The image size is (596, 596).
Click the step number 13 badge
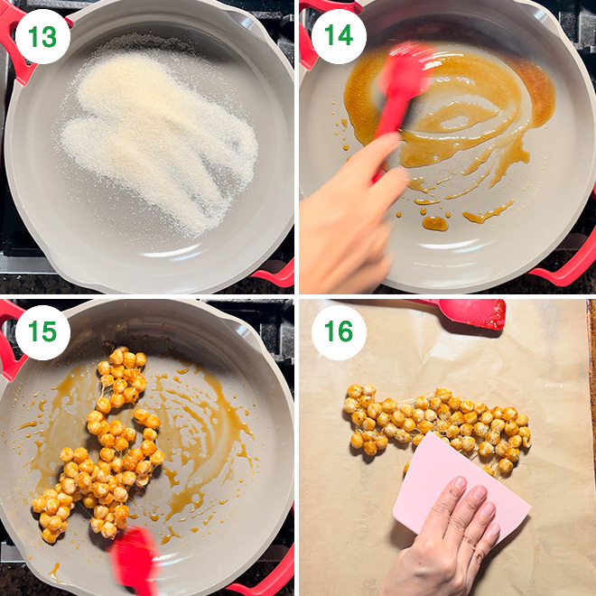click(x=42, y=37)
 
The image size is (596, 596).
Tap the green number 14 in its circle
click(x=339, y=37)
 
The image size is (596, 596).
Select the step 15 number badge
click(x=42, y=332)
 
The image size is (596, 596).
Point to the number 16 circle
click(x=339, y=332)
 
